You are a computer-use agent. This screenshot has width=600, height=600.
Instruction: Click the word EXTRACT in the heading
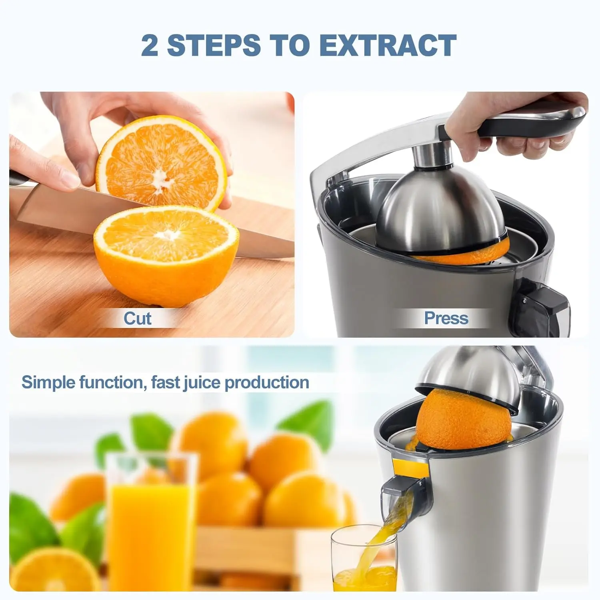pyautogui.click(x=388, y=45)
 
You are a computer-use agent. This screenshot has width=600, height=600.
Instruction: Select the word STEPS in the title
pyautogui.click(x=214, y=45)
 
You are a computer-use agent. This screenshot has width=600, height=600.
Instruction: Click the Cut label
pyautogui.click(x=137, y=318)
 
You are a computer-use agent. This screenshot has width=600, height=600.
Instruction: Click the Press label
pyautogui.click(x=446, y=318)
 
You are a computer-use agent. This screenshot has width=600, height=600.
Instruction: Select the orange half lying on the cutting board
pyautogui.click(x=166, y=256)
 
